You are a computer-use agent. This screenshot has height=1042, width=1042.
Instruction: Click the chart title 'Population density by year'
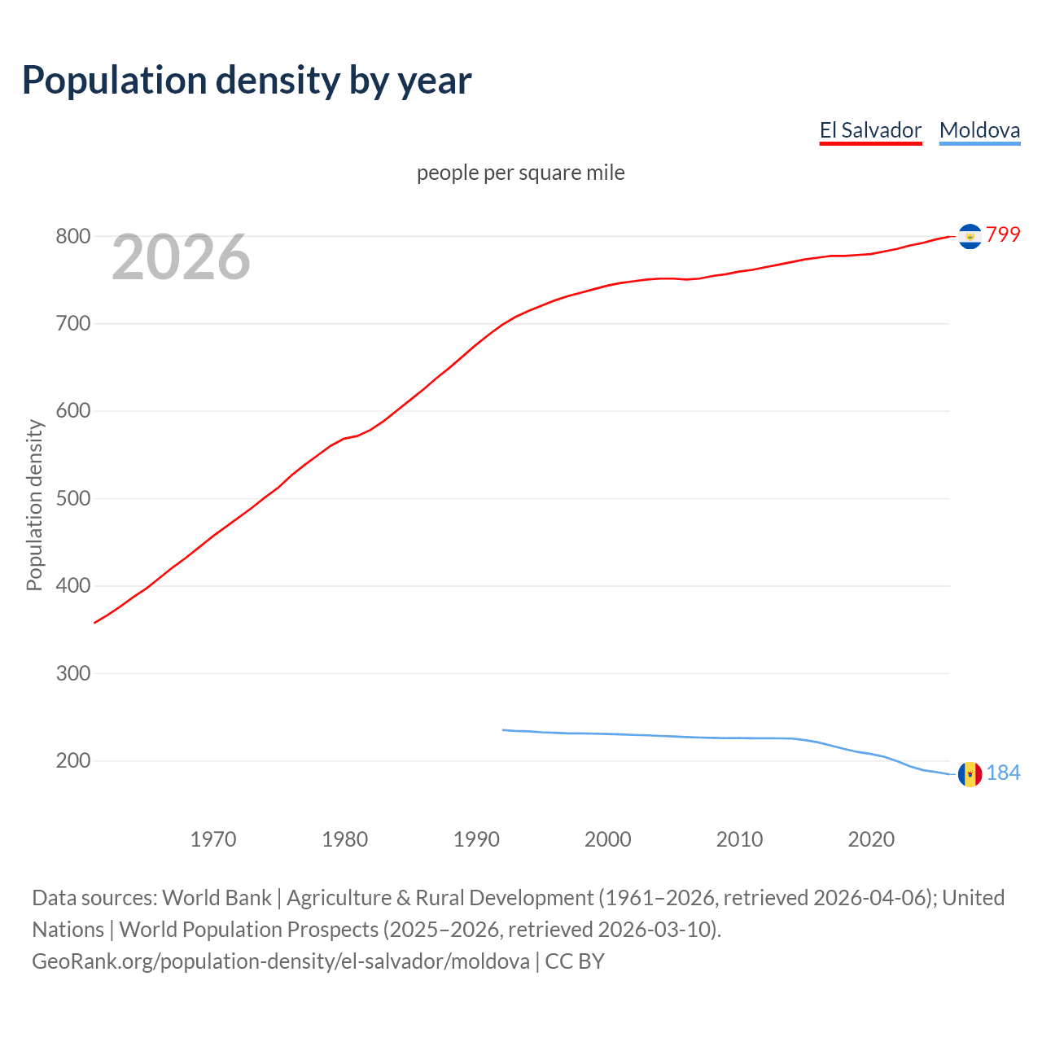(247, 81)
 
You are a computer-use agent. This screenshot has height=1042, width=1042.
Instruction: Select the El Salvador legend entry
(870, 130)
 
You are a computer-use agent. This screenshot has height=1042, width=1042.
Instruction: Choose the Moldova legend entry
(979, 130)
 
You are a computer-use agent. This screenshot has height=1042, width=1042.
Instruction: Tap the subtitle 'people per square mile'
(521, 173)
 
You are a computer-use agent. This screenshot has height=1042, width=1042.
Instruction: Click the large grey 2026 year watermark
(181, 257)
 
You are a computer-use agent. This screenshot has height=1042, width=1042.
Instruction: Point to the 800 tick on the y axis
(72, 236)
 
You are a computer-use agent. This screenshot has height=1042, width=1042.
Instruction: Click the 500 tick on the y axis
(72, 498)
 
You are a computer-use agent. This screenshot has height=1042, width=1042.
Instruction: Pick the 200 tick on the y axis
(72, 760)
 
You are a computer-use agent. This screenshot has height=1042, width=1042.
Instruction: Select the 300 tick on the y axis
(72, 673)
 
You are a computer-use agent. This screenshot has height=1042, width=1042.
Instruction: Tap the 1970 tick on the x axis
(213, 839)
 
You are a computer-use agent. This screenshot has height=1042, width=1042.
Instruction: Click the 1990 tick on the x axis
(476, 839)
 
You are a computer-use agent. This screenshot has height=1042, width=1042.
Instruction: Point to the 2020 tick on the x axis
(871, 839)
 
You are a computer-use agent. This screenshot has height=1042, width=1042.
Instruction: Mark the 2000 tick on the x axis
(608, 839)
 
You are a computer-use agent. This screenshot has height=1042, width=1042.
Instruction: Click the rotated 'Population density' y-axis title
(34, 505)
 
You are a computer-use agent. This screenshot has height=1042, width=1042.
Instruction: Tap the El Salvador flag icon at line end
(970, 236)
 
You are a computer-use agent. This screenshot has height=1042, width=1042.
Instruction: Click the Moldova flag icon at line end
(970, 774)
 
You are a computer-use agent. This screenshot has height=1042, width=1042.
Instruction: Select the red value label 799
(1003, 234)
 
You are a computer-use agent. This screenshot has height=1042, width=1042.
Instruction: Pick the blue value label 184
(1003, 773)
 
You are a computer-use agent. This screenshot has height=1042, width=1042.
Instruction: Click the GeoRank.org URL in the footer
(281, 961)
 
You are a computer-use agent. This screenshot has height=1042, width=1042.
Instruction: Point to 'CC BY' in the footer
(575, 961)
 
